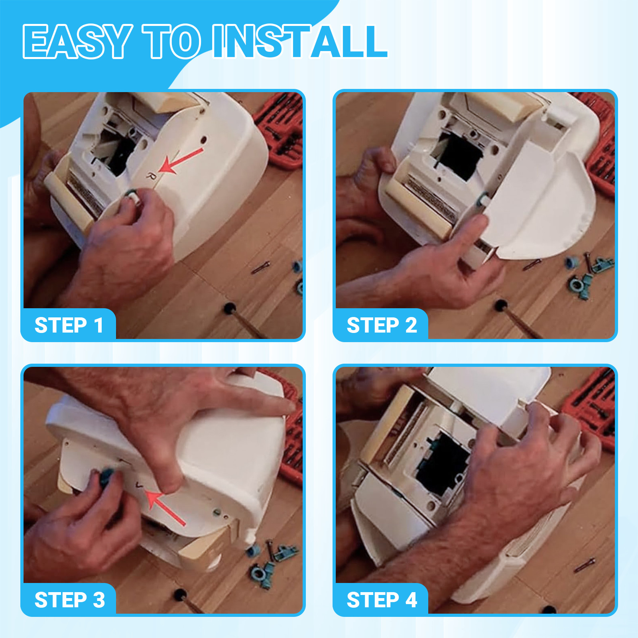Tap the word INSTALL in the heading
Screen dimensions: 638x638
tap(300, 41)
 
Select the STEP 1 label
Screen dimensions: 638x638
tap(69, 325)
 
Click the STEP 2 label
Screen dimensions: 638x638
tap(382, 325)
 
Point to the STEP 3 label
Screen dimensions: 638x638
tap(70, 600)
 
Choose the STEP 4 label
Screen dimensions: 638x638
tap(382, 600)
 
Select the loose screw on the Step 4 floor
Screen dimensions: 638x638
tap(585, 565)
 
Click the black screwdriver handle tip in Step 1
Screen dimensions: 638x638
tap(229, 308)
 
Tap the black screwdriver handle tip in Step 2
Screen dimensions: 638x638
tap(501, 305)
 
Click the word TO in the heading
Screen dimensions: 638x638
tap(172, 41)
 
